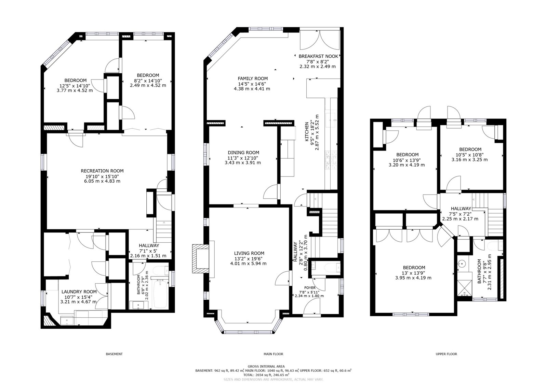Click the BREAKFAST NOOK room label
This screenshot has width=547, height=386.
(x=318, y=56)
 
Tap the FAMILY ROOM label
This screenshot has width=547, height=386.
(x=253, y=78)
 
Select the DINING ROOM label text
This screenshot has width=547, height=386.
(x=243, y=153)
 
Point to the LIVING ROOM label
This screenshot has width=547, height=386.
(x=249, y=253)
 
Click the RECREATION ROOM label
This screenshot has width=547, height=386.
(x=102, y=171)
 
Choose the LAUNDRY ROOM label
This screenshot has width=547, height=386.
(x=79, y=292)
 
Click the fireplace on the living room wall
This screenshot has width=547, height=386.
(x=201, y=259)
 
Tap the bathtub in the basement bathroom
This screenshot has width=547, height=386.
(x=160, y=294)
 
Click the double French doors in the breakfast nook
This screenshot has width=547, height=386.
(x=320, y=40)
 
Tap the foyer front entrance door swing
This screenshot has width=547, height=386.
(x=312, y=306)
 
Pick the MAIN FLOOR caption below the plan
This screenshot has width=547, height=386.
(x=273, y=354)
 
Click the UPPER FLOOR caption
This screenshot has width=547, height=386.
(x=446, y=354)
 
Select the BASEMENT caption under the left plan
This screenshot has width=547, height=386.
(x=114, y=354)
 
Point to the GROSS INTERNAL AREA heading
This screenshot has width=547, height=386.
(x=266, y=366)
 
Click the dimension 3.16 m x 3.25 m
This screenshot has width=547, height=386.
(x=470, y=160)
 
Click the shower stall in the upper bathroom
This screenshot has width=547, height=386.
(x=465, y=288)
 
